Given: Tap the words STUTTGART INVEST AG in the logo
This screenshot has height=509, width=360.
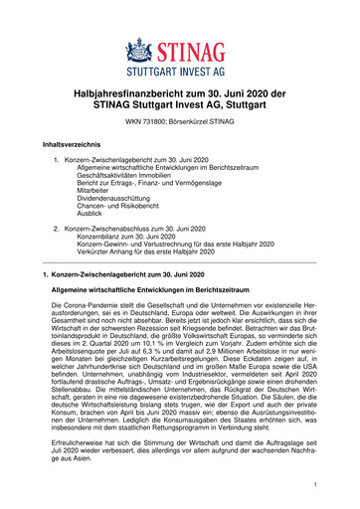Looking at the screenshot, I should click(179, 72).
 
